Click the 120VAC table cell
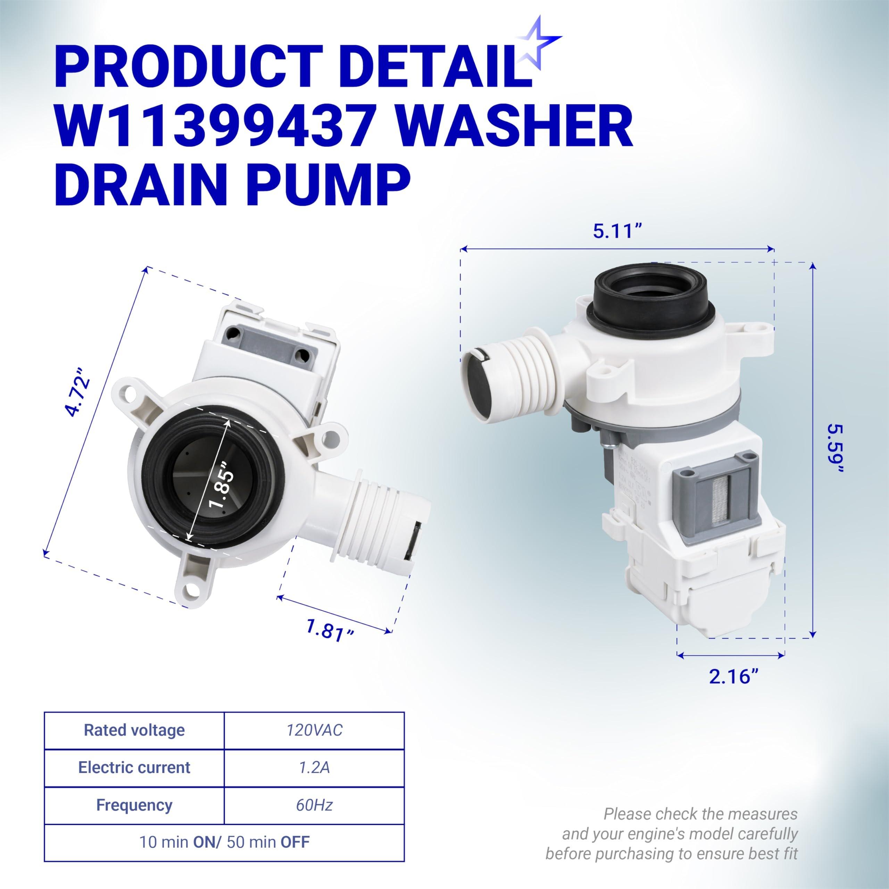314,730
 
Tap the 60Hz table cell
314,805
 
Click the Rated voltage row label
134,730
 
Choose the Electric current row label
134,767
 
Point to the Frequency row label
134,805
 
